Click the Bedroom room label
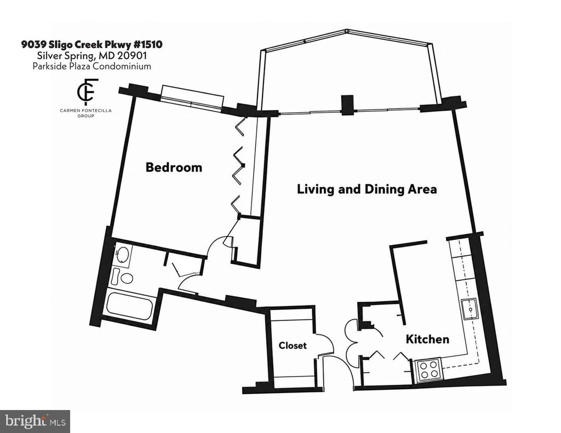coord(174,168)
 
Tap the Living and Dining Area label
coord(367,189)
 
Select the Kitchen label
coord(427,339)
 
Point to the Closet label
coord(293,345)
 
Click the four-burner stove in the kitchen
coord(428,370)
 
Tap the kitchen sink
coord(470,309)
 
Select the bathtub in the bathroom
coord(129,306)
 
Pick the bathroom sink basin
coord(123,255)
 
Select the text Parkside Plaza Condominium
coord(91,66)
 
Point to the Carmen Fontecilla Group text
coord(86,113)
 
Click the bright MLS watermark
coord(35,421)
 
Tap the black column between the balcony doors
coord(347,105)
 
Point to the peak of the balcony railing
coord(346,31)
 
